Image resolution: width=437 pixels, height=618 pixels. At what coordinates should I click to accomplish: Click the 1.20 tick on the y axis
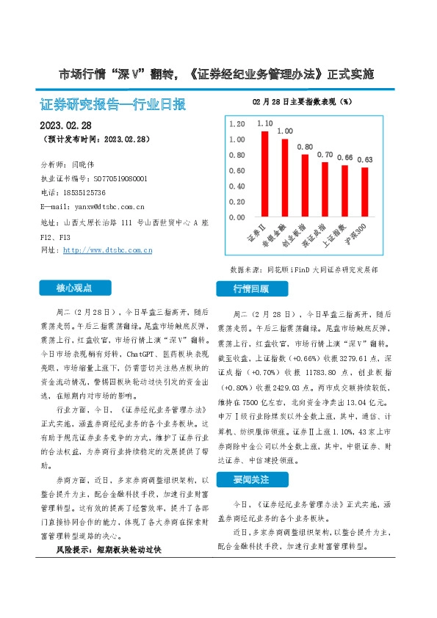(x=236, y=123)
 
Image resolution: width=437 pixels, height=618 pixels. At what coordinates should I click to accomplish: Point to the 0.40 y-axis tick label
(x=236, y=186)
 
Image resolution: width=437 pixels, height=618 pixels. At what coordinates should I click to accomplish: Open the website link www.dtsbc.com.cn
(x=108, y=250)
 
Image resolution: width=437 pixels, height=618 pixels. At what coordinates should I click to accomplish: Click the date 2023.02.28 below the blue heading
(x=65, y=124)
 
